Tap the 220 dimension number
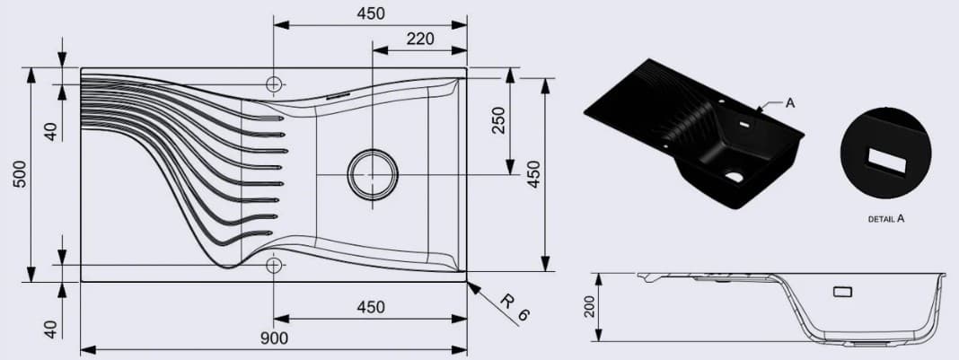coord(419,39)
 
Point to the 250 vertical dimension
coord(498,121)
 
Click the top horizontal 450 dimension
coord(370,13)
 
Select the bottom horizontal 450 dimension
coord(370,307)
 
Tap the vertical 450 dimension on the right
coord(533,174)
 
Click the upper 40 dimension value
coord(51,130)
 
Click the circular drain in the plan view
coord(372,173)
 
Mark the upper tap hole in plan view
coord(274,83)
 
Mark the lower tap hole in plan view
coord(274,265)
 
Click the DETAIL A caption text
coord(886,218)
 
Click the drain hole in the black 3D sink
coord(735,177)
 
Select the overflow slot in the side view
coord(841,291)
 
